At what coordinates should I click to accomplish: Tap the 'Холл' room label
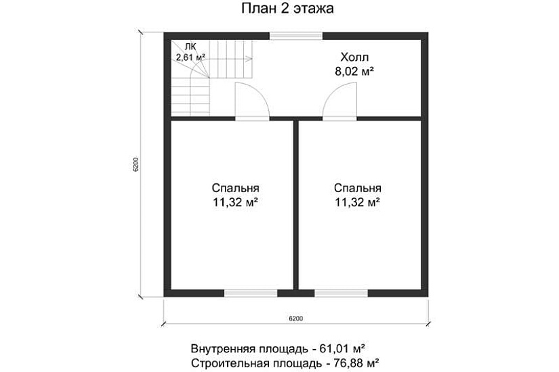tap(354, 57)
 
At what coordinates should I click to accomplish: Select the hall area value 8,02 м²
tap(354, 70)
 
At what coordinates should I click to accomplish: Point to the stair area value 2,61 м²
tap(190, 57)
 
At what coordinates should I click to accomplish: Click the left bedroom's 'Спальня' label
tap(235, 188)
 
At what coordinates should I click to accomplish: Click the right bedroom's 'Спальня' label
tap(357, 188)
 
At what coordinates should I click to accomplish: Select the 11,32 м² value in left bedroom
tap(235, 202)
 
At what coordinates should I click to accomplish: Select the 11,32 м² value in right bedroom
tap(357, 202)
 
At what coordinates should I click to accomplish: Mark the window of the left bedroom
tap(251, 293)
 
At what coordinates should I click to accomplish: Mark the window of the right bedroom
tap(341, 293)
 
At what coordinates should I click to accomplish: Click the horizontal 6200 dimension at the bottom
tap(295, 317)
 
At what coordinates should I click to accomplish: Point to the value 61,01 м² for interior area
tap(339, 348)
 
